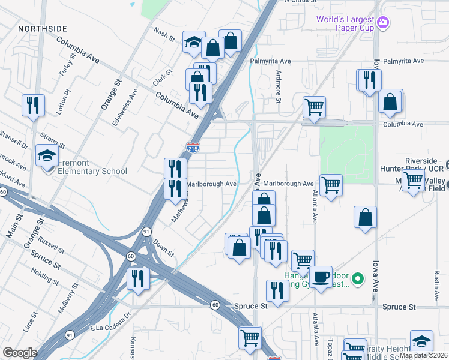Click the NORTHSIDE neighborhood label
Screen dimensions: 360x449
[43, 29]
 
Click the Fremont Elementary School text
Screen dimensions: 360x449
[92, 167]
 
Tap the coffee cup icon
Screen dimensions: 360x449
[321, 276]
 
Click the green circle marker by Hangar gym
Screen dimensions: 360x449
[358, 278]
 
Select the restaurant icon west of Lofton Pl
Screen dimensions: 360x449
[33, 104]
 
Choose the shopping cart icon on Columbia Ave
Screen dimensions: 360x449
[314, 108]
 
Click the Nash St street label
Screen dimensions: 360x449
[164, 34]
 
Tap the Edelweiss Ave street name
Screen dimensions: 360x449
[125, 107]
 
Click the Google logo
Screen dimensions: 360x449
[20, 353]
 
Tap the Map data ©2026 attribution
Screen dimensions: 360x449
[423, 355]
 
